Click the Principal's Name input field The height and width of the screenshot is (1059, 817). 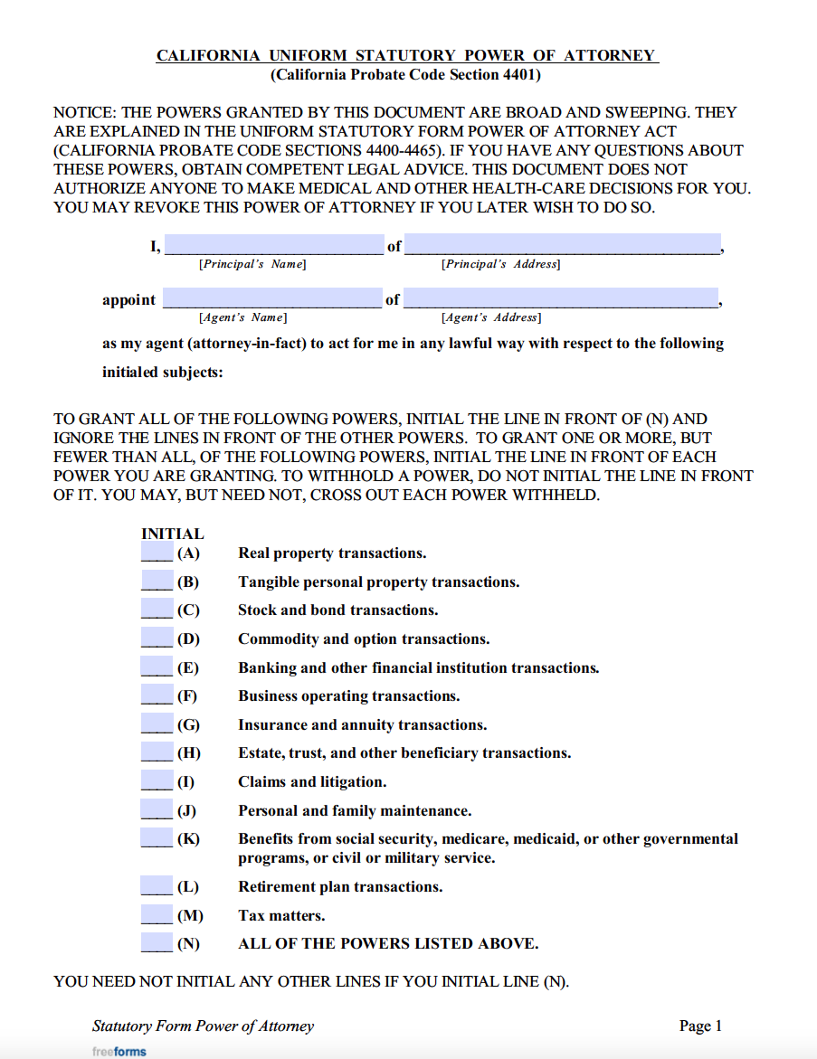tap(273, 245)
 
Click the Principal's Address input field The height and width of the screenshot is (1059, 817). tap(562, 245)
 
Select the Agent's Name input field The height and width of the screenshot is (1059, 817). tap(272, 298)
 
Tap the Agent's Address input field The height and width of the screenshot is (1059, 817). tap(561, 298)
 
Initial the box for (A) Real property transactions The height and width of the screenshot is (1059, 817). tap(157, 553)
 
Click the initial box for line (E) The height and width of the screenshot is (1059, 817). tap(157, 667)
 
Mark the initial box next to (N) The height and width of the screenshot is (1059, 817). tap(157, 943)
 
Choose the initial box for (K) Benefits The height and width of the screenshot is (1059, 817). tap(157, 838)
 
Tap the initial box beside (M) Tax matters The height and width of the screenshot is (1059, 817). tap(157, 915)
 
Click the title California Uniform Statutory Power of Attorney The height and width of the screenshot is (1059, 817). tap(407, 56)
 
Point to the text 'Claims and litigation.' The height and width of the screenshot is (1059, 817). tap(312, 782)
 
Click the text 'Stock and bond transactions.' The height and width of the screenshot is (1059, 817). tap(337, 610)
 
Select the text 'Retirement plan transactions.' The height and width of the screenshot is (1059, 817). tap(340, 887)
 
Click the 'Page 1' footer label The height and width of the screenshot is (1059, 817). tap(700, 1026)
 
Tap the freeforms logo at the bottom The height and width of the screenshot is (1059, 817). tap(119, 1052)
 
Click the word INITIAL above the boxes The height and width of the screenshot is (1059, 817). tap(172, 534)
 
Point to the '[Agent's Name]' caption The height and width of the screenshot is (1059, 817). tap(242, 318)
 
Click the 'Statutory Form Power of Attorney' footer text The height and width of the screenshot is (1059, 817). tap(203, 1026)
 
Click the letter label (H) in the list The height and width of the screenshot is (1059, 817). tap(189, 753)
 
